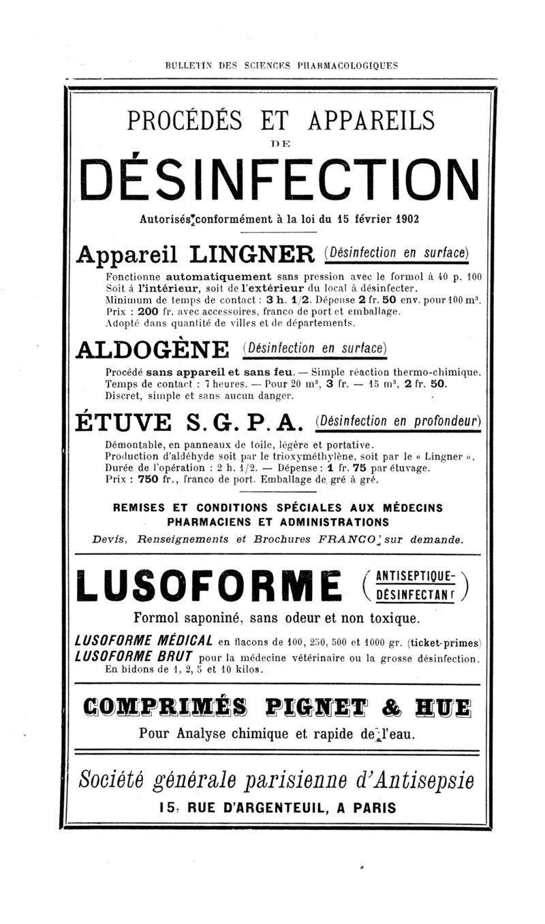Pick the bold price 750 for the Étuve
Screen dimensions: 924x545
coord(148,478)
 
